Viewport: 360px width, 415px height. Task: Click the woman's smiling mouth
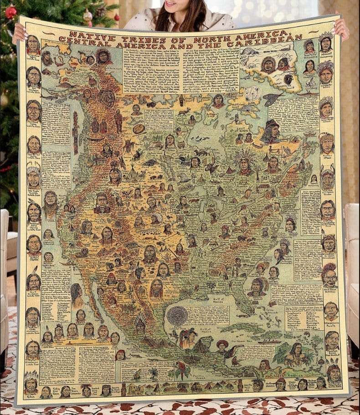tap(172, 4)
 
